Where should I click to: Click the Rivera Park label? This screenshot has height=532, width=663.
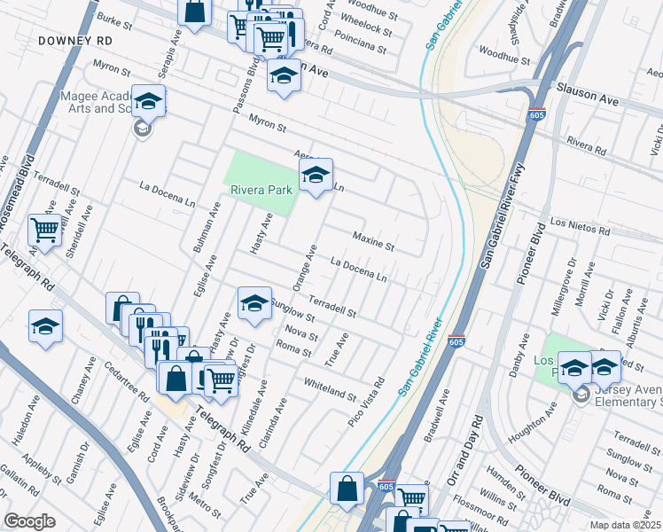(261, 190)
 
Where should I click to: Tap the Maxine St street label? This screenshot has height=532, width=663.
(373, 239)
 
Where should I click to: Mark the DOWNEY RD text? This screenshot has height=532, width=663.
(74, 41)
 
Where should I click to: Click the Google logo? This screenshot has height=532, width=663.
(29, 521)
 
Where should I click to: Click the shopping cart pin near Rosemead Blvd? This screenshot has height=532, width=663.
(45, 231)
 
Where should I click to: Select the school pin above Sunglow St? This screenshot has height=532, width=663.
(254, 304)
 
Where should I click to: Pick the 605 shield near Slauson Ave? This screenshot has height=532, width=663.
(535, 115)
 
